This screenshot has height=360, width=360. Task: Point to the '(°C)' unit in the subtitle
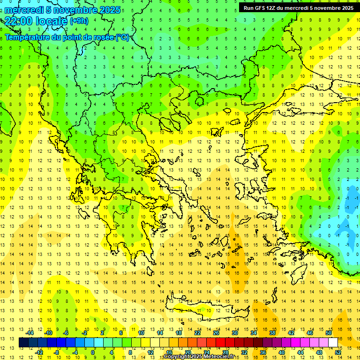tap(122, 37)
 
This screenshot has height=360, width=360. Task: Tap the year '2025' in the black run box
tap(345, 8)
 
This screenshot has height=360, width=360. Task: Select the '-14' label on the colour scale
tap(30, 333)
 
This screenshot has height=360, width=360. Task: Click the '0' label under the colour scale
tap(93, 352)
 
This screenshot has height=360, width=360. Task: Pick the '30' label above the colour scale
tap(234, 333)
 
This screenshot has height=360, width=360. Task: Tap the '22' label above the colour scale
tap(197, 333)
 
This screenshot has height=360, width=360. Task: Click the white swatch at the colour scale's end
tap(333, 343)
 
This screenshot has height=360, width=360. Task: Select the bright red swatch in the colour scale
tap(220, 343)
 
